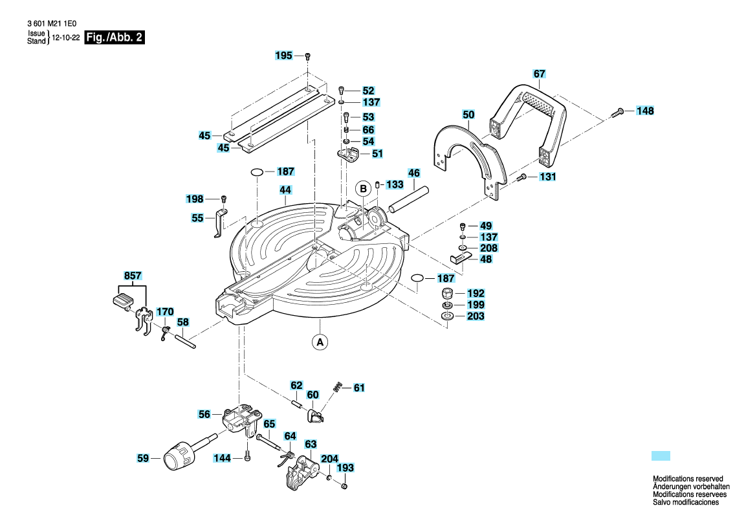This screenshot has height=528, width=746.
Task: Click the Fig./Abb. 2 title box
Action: (x=114, y=38)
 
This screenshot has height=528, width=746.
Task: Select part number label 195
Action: (x=283, y=56)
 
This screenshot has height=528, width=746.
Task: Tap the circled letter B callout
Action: (x=364, y=189)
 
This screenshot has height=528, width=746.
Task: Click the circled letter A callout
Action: (x=320, y=342)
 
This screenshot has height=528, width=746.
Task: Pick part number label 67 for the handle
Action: (x=539, y=74)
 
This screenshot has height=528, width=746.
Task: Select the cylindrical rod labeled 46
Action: (x=409, y=200)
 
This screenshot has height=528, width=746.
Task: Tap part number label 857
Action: (x=133, y=276)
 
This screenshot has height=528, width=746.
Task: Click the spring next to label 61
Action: (x=338, y=387)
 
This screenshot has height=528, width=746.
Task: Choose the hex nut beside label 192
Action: (x=448, y=293)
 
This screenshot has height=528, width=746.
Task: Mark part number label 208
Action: (x=488, y=248)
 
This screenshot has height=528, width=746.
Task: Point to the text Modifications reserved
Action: (x=688, y=479)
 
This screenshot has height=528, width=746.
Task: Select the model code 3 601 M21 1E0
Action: (x=52, y=23)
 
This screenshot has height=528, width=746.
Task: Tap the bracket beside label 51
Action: (x=349, y=155)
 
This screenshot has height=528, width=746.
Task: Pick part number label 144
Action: (x=222, y=458)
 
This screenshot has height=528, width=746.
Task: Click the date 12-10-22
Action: (x=65, y=38)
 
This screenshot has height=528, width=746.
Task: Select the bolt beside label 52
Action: (x=341, y=91)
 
